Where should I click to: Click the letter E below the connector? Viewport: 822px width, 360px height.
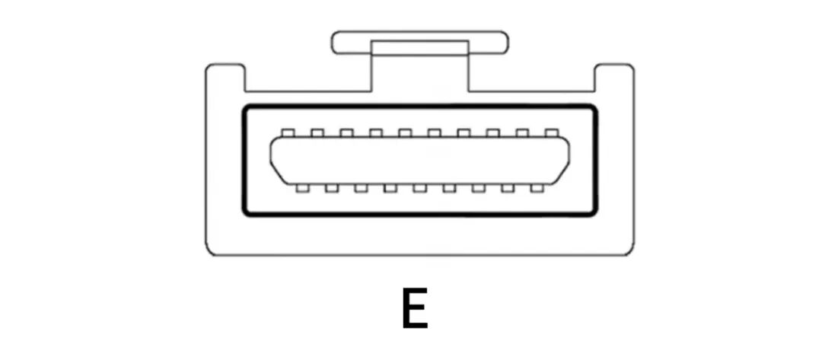(414, 308)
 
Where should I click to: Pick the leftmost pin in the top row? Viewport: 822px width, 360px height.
(288, 132)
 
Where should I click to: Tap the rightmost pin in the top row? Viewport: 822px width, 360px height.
(552, 132)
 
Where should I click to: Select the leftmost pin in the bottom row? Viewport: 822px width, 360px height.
(302, 187)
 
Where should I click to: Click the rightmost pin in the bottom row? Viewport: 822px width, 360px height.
(537, 187)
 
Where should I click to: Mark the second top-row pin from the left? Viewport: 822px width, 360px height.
(317, 132)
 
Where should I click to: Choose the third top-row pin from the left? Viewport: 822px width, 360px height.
(346, 132)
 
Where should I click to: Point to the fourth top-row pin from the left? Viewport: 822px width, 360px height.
(376, 132)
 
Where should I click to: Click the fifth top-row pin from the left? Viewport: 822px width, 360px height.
(405, 132)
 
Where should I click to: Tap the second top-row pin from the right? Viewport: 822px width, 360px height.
(522, 132)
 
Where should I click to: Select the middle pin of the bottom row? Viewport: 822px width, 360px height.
(419, 187)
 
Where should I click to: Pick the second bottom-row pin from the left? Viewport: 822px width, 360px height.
(332, 187)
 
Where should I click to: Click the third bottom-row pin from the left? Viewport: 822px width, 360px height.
(361, 187)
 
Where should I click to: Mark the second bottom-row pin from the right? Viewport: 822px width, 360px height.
(508, 187)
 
